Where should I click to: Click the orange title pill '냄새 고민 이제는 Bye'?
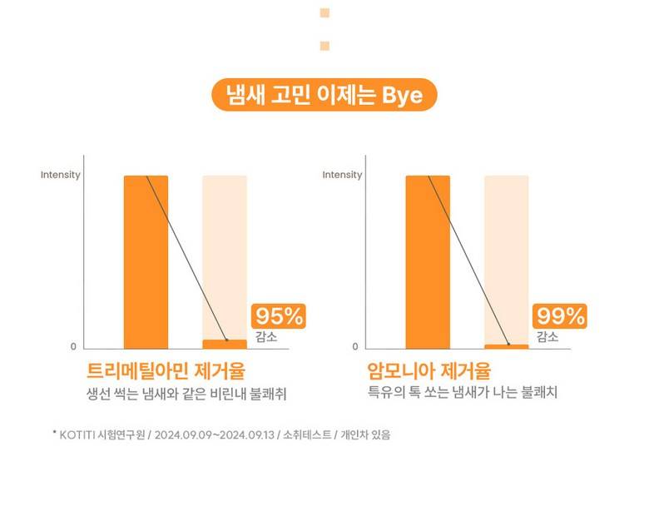coord(324,96)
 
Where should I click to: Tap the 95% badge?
coord(279,317)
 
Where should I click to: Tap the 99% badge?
coord(560,317)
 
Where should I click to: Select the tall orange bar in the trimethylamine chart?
coord(146,261)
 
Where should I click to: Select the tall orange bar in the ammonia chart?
coord(428,261)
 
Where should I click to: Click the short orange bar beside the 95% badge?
coord(225,344)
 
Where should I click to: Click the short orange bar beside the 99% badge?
coord(506,346)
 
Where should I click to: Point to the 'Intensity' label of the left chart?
coord(61,175)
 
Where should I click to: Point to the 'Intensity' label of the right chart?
coord(342,175)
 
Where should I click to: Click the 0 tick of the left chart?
coord(72,347)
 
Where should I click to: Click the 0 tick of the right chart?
coord(354,347)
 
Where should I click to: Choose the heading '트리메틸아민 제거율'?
coord(166,370)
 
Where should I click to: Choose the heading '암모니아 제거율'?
coord(429,370)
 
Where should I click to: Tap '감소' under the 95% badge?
coord(267,336)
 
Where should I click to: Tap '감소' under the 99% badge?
coord(547,336)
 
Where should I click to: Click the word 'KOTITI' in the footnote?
coord(79,434)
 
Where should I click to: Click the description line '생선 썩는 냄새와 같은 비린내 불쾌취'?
coord(191,393)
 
